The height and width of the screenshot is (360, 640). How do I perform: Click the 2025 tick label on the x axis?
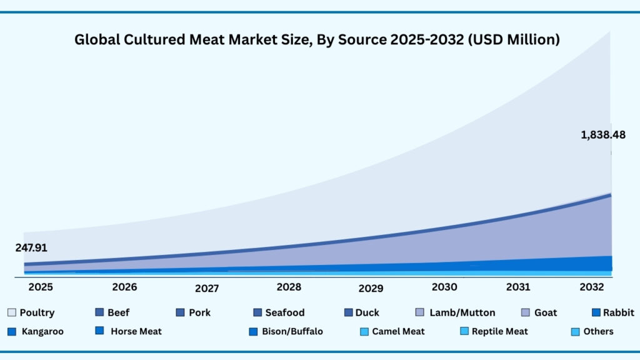tap(40, 287)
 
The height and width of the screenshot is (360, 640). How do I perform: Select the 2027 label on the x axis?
tap(207, 289)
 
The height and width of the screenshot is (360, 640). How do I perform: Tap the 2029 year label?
tap(371, 289)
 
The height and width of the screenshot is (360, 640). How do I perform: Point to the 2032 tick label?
tap(591, 287)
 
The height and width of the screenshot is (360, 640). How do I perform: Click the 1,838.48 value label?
tap(602, 134)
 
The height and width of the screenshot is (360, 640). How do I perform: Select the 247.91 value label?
tap(31, 248)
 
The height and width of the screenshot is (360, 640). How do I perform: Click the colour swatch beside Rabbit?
tap(596, 312)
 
